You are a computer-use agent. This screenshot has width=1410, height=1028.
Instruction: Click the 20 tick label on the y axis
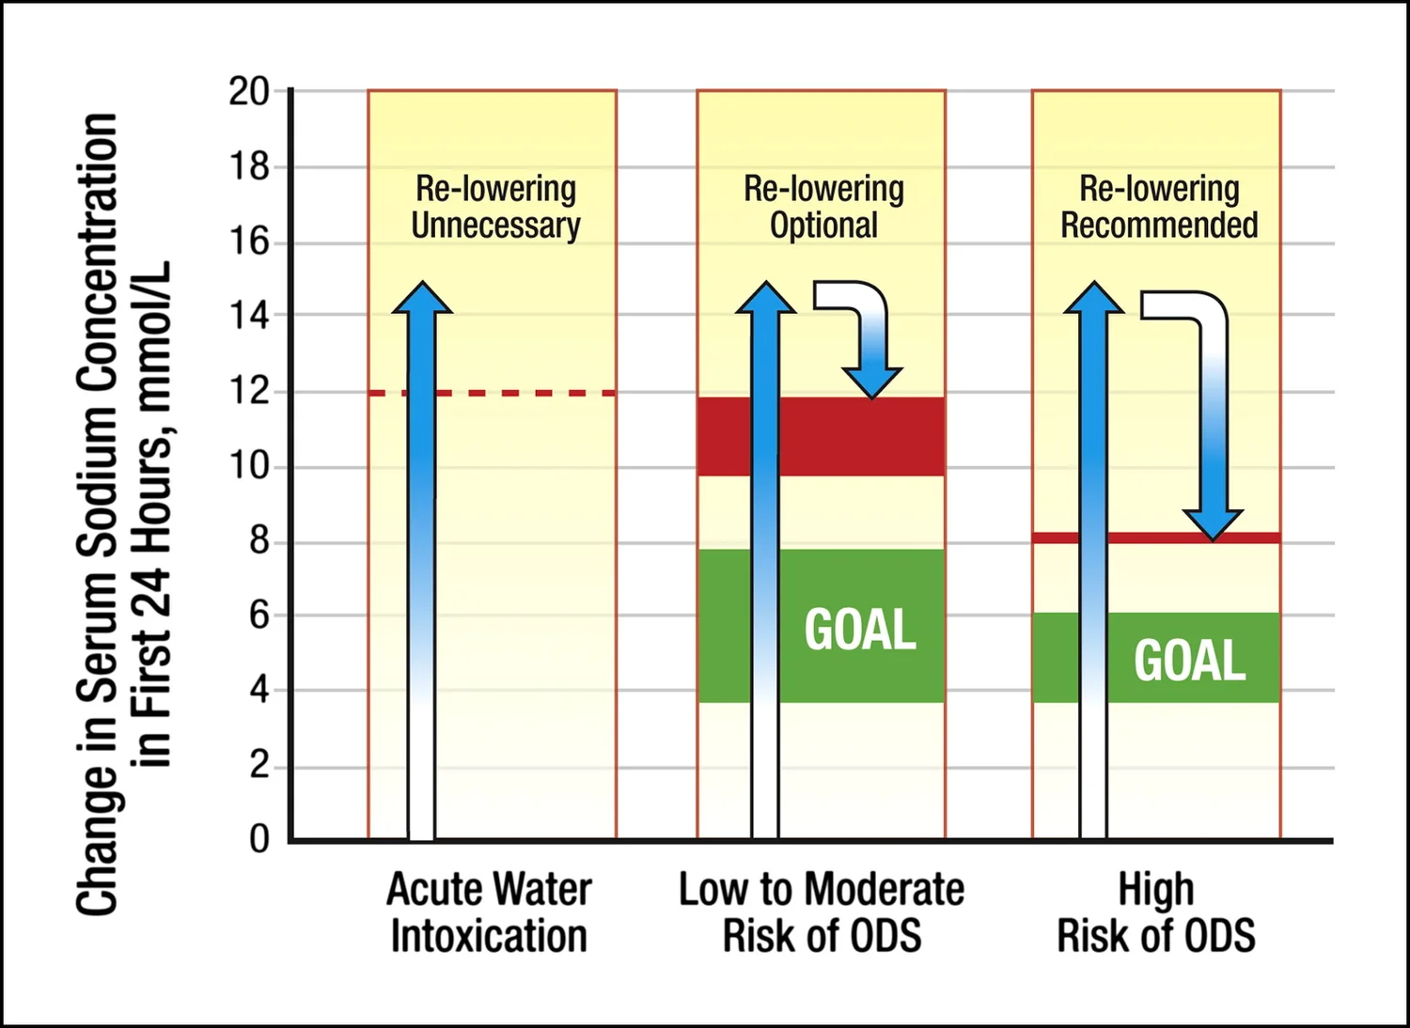coord(248,92)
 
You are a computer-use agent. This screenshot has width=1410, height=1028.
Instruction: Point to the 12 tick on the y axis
coord(248,391)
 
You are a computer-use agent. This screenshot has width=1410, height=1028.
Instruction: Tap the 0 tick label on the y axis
coord(258,838)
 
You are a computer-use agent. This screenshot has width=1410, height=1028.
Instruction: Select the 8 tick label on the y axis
coord(258,541)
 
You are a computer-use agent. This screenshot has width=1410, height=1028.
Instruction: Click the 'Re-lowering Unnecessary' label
coord(495,207)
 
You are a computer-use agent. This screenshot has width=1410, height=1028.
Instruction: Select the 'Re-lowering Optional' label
coord(823,207)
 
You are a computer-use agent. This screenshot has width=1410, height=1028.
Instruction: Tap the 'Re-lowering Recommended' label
coord(1158,207)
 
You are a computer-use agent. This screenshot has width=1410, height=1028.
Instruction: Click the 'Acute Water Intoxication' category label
coord(489,912)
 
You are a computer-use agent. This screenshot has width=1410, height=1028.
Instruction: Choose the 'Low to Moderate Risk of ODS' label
coord(822,912)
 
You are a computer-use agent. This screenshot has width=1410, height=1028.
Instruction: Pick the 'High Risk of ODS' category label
coord(1156,912)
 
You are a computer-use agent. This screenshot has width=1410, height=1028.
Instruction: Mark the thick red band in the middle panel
coord(846,436)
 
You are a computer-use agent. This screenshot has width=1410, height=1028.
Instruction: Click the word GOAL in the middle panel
coord(860,630)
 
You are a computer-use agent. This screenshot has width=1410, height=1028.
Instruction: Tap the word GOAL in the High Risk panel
coord(1189,661)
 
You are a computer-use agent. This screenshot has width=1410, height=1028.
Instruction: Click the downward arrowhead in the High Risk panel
coord(1213,523)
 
